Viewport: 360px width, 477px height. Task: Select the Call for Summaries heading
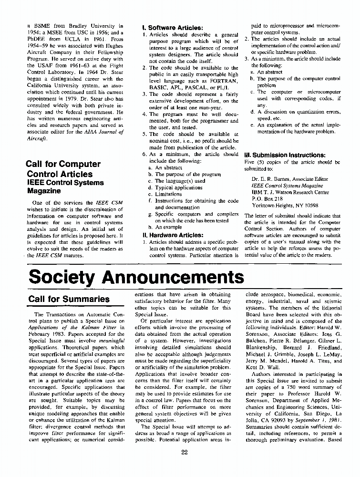[69, 299]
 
